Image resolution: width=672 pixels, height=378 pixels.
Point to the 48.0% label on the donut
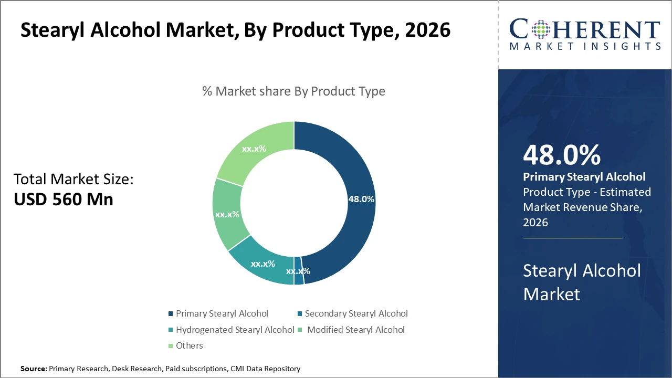(361, 199)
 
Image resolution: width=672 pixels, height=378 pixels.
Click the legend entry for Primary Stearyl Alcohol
(222, 313)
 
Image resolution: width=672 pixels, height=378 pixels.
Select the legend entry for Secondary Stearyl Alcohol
(356, 313)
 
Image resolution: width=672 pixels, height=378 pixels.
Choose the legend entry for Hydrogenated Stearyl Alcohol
(235, 330)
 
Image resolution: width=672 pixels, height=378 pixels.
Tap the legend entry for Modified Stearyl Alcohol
(355, 330)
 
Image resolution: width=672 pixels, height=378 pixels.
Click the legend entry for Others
(189, 345)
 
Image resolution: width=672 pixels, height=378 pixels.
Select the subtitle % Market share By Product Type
(293, 91)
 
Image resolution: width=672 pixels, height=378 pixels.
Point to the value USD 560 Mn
(63, 199)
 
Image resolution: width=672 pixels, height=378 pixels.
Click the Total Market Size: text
(73, 180)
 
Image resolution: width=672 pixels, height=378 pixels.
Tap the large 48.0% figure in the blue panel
(562, 155)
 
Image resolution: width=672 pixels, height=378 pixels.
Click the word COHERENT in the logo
(585, 29)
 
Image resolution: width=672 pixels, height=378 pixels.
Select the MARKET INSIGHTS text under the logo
(585, 46)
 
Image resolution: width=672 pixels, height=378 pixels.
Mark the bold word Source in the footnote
(33, 369)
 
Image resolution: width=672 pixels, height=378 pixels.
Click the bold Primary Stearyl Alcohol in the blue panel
(584, 177)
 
